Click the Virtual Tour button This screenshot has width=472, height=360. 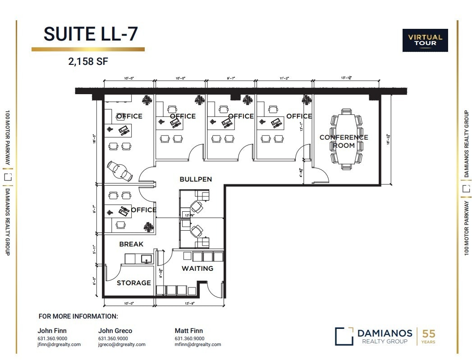(425, 40)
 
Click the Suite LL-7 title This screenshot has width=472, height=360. (90, 34)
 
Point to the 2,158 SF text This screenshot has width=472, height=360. (88, 62)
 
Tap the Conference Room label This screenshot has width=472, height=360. (344, 141)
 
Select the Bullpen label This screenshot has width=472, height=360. (196, 179)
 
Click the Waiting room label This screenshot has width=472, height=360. (197, 269)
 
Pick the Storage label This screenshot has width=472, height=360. (134, 283)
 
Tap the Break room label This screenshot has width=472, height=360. (131, 244)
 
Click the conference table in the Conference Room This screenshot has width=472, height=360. (346, 139)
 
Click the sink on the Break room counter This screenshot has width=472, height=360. (146, 259)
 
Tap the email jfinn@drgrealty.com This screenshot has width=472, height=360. (59, 345)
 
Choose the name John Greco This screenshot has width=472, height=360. (115, 331)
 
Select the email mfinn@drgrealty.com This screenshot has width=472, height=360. (198, 345)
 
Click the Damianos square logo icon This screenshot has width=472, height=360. (344, 336)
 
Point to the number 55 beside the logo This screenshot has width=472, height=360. (428, 334)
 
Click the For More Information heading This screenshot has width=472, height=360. (78, 316)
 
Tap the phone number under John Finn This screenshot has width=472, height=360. (52, 338)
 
